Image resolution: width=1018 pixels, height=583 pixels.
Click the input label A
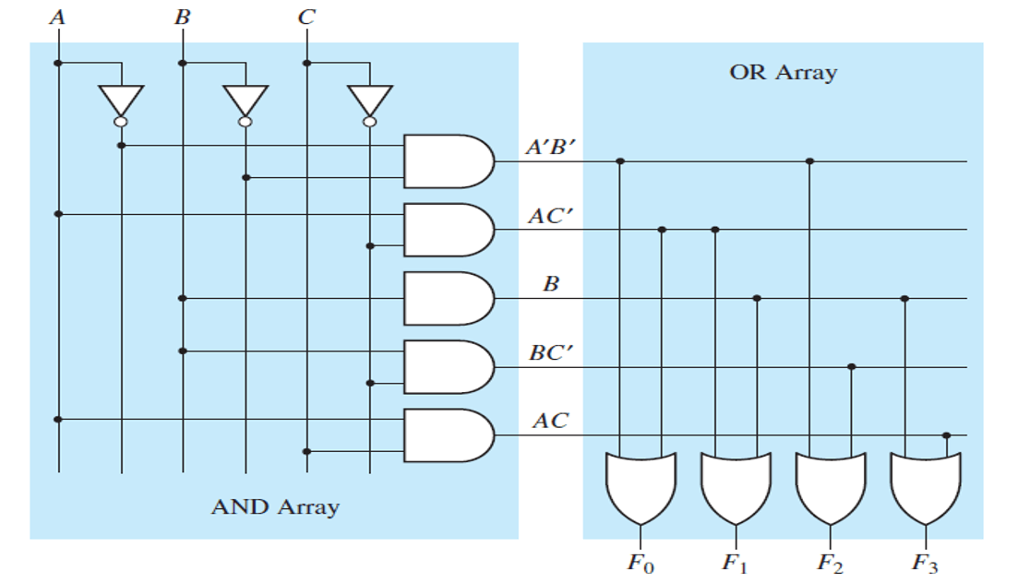[58, 17]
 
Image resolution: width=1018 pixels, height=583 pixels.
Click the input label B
[182, 17]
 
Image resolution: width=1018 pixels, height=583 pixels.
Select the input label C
[305, 17]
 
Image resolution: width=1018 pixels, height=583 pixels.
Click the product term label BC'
[550, 352]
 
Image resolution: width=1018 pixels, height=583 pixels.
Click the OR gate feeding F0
[641, 487]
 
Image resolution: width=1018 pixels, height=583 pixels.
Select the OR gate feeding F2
[830, 487]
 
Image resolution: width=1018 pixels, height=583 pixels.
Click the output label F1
[736, 562]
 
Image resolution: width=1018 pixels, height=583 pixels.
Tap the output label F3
[925, 562]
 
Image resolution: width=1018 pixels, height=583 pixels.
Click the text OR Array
[783, 72]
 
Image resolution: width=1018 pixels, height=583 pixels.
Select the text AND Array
[275, 506]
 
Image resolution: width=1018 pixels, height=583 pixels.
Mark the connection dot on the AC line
[947, 435]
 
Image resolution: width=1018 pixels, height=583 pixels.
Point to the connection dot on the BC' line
[851, 367]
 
